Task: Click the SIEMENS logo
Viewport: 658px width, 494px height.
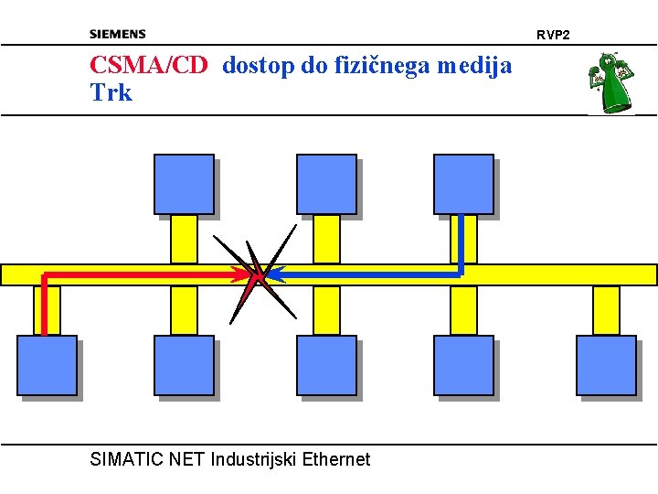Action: (117, 34)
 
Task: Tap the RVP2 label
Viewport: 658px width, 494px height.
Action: (552, 35)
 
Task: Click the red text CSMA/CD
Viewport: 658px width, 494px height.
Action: (149, 66)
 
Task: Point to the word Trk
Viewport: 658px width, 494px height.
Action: (111, 92)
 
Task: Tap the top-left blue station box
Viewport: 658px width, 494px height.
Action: (184, 184)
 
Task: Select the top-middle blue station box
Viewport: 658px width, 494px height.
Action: (326, 184)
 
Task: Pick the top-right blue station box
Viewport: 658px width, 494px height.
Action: (463, 184)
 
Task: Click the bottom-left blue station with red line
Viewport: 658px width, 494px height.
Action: (47, 365)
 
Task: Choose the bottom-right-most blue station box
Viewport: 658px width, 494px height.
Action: (606, 365)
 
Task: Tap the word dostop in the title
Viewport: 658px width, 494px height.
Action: (253, 66)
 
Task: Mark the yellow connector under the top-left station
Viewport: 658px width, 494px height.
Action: (184, 239)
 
